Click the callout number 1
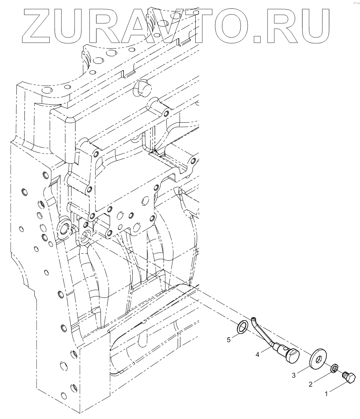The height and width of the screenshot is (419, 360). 326,394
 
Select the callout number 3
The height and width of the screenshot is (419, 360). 294,375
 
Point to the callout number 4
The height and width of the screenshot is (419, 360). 258,355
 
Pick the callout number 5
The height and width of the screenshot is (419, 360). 229,339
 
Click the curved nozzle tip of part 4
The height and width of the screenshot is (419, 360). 254,318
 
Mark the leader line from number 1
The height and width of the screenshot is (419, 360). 338,387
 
